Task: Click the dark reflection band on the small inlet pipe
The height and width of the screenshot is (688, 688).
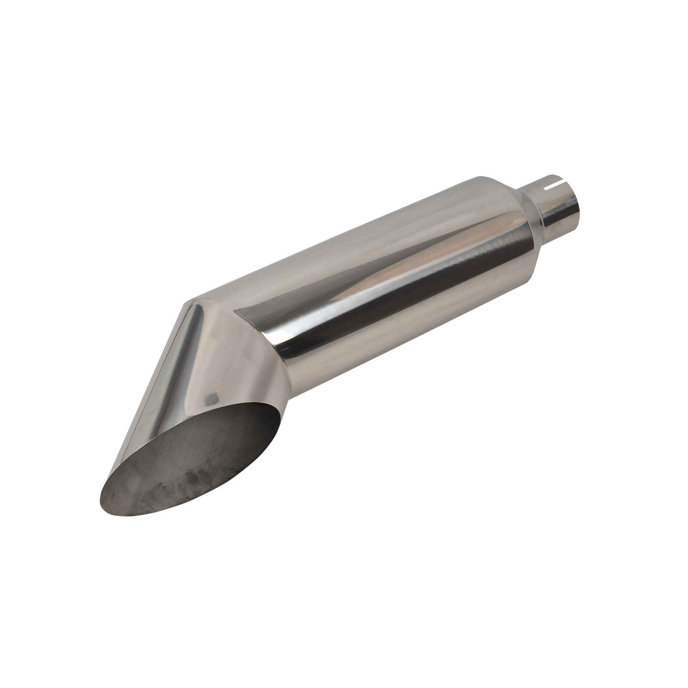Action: pyautogui.click(x=559, y=215)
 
